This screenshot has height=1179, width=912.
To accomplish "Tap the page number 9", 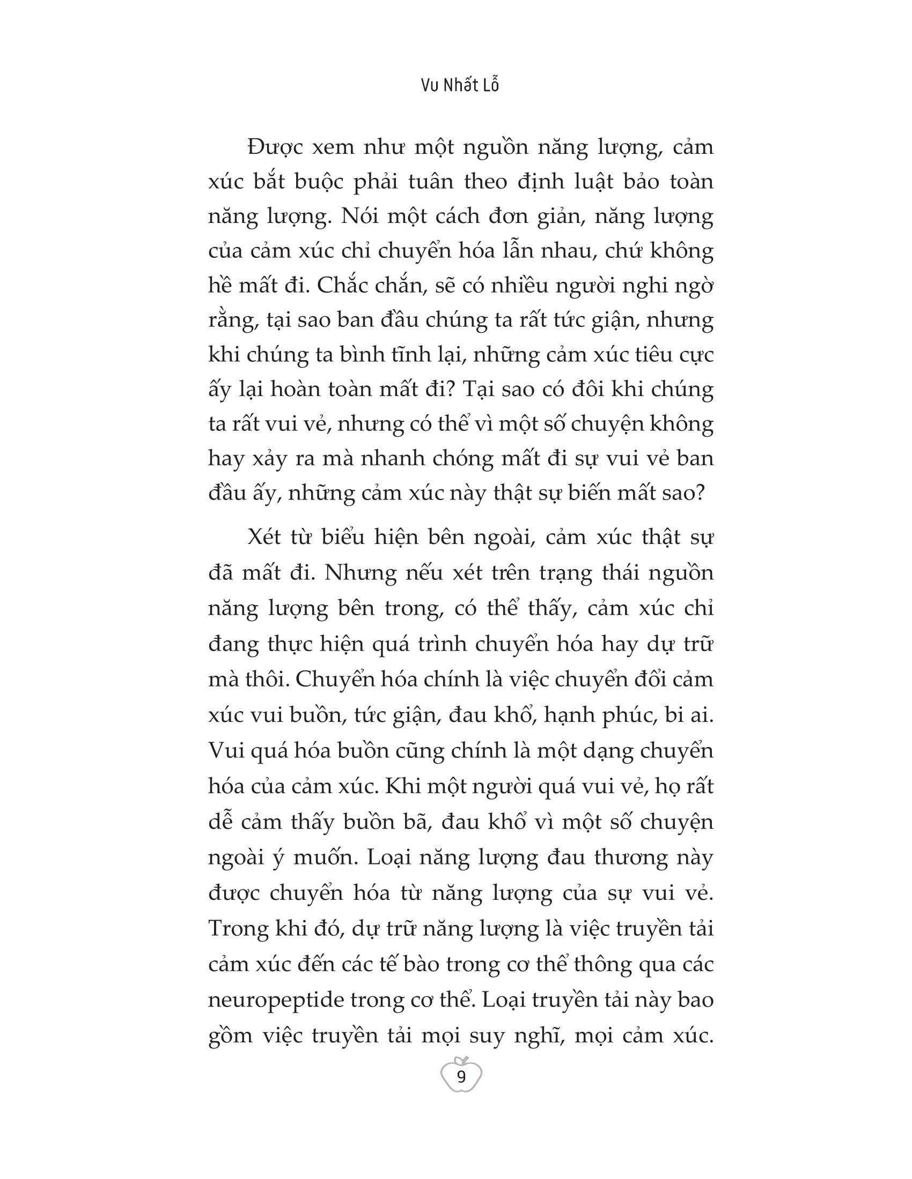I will (461, 1078).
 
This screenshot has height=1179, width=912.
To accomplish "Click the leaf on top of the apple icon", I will (463, 1058).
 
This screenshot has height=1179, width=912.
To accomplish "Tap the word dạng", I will (608, 751).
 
